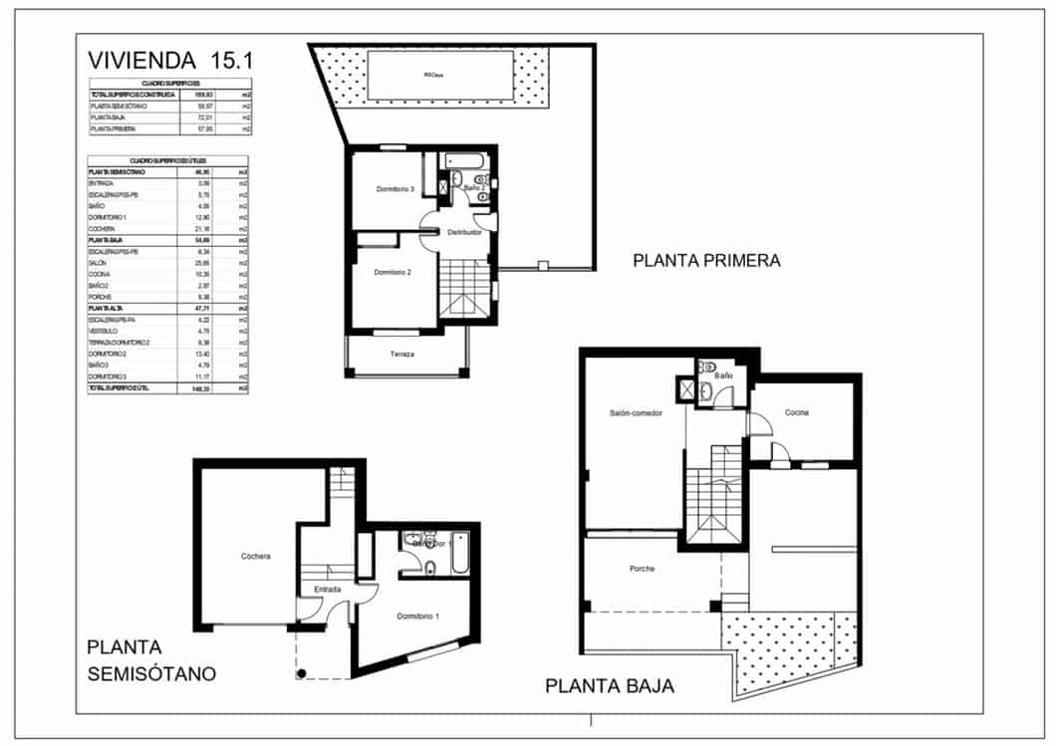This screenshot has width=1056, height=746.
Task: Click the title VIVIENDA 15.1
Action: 170,60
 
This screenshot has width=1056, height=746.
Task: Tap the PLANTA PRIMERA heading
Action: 706,261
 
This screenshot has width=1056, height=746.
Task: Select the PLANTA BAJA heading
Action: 609,686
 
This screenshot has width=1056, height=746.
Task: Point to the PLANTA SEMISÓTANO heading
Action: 150,660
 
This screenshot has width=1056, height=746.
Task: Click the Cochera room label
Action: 256,557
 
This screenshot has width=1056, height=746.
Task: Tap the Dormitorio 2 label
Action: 393,272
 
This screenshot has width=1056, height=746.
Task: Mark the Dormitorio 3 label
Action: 394,189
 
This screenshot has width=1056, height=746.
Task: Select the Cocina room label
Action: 796,412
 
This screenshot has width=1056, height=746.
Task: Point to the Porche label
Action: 642,569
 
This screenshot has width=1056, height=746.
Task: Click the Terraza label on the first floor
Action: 402,355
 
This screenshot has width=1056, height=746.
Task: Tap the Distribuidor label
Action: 464,232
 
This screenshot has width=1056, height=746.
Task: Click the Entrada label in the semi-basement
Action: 328,590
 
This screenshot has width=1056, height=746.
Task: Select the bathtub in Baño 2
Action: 464,159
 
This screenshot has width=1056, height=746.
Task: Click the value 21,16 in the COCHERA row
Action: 203,229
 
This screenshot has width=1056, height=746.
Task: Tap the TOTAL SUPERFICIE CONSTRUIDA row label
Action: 132,95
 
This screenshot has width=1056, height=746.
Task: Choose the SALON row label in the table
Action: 99,263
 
